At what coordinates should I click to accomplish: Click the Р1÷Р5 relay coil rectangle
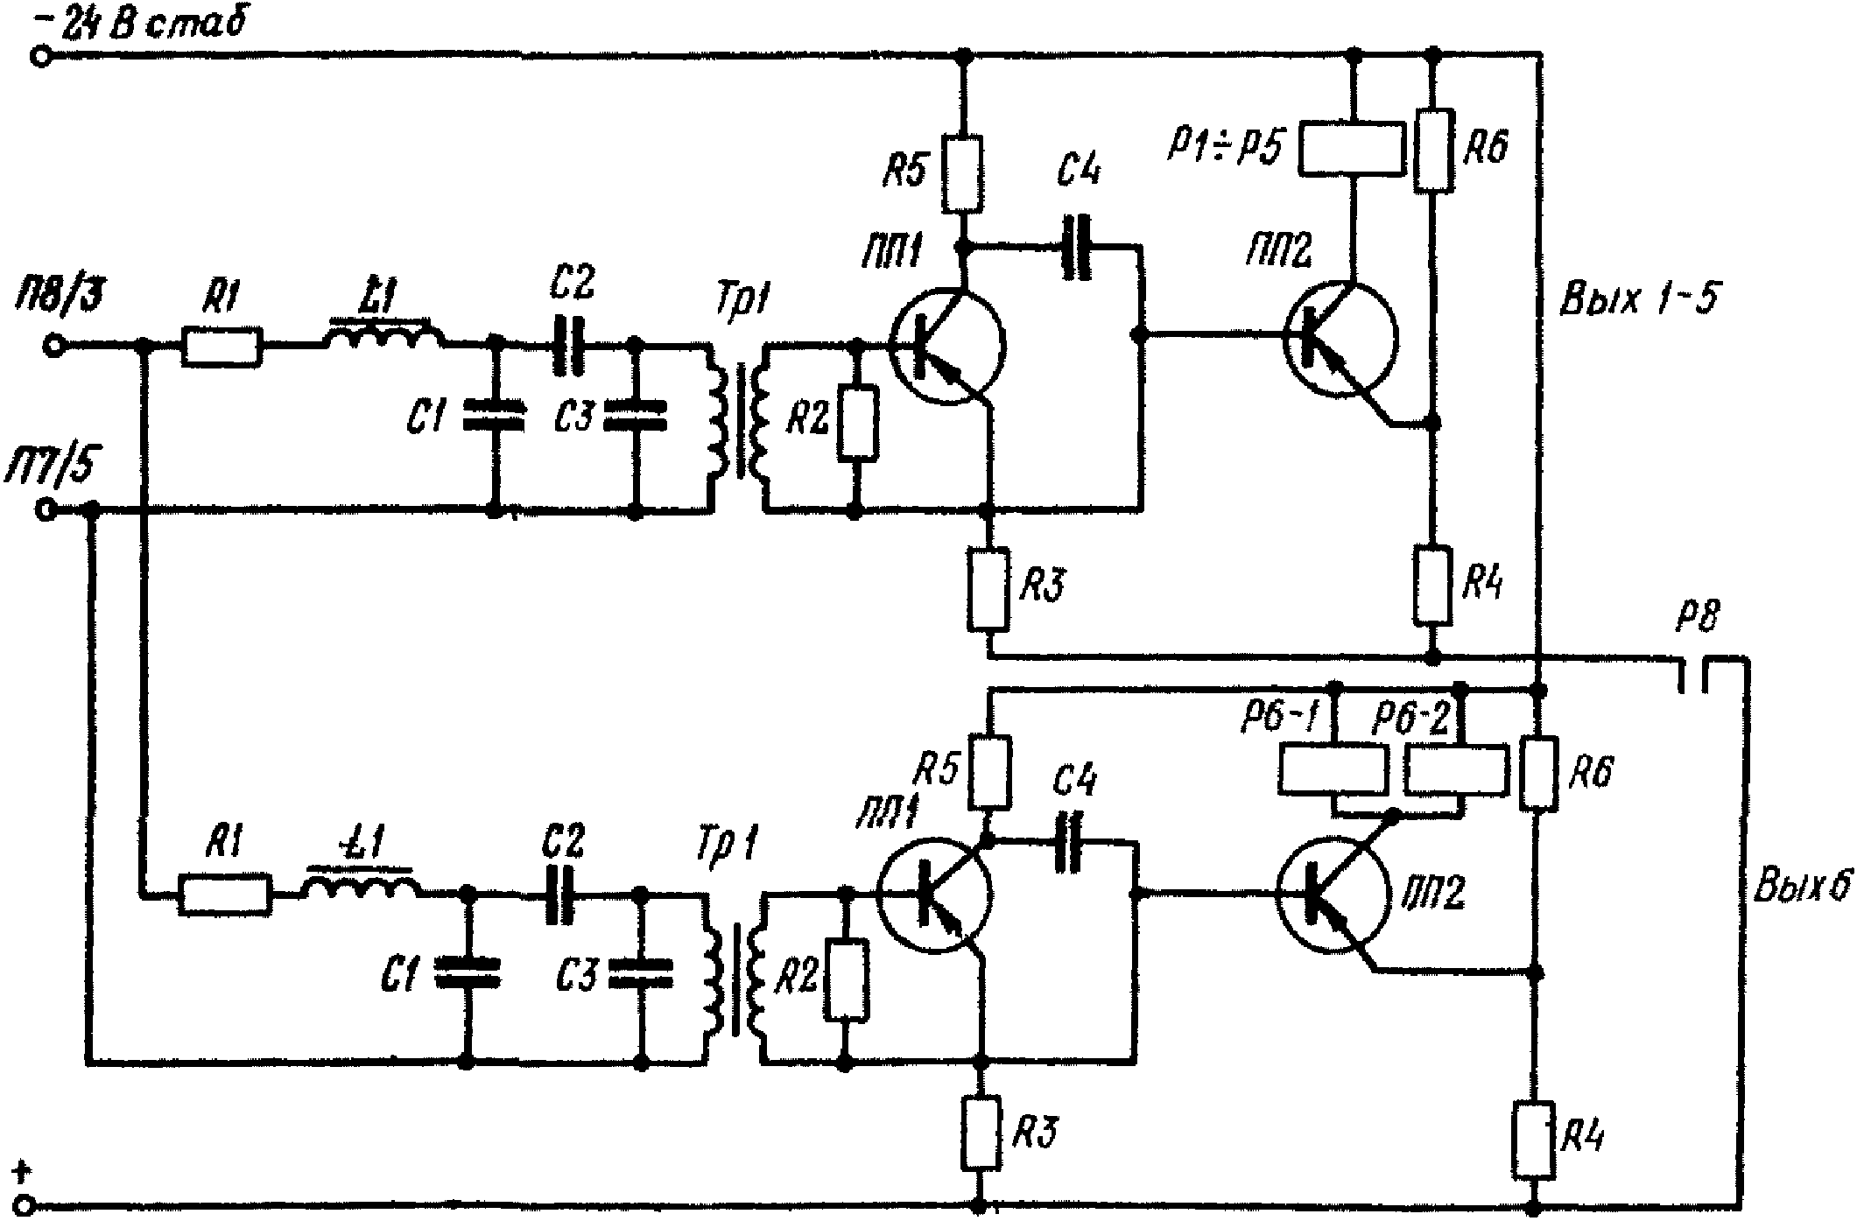(x=1352, y=150)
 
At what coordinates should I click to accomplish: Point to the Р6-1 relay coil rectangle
(x=1333, y=769)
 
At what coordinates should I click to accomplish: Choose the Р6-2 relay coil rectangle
(x=1457, y=769)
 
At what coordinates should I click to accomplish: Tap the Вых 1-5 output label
(x=1637, y=299)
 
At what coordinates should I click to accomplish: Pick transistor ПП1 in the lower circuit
(x=933, y=894)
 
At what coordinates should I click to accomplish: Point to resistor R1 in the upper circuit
(x=222, y=347)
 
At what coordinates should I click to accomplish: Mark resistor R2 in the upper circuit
(x=857, y=422)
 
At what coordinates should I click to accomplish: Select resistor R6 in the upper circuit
(x=1433, y=151)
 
